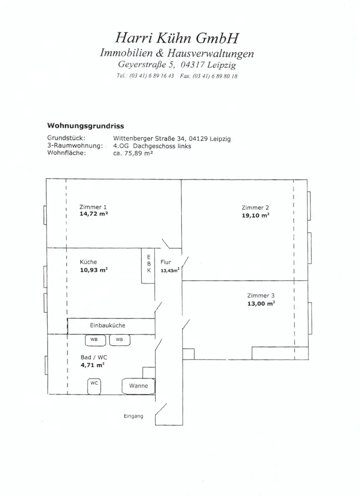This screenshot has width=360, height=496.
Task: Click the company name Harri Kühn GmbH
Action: point(177,38)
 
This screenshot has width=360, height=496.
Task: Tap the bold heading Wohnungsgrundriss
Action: point(85,126)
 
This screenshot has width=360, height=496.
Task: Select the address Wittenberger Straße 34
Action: point(150,138)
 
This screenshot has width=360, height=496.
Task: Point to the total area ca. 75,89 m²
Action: point(133,153)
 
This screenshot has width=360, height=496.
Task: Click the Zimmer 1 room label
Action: point(93,207)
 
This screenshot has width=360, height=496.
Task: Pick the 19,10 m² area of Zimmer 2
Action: point(255,215)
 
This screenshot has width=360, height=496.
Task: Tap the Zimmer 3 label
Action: point(261,296)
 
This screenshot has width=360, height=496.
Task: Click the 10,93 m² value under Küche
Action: point(94,270)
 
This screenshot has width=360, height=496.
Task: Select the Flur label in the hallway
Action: point(166,262)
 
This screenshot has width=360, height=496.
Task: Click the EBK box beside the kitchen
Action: point(148,266)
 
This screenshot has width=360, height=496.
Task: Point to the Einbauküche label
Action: point(108,325)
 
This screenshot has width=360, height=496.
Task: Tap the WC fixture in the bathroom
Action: point(94,386)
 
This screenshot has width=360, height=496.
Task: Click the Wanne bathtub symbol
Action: point(138,386)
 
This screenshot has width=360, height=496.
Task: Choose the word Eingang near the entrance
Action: point(133,416)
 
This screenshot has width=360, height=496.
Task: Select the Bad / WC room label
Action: point(94,357)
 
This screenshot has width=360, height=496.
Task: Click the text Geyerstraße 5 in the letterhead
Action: point(146,64)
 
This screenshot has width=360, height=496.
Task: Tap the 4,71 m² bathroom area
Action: point(93,365)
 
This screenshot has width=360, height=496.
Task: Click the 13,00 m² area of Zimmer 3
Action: point(261,304)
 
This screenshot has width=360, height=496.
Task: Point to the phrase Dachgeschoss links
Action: point(162,146)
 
